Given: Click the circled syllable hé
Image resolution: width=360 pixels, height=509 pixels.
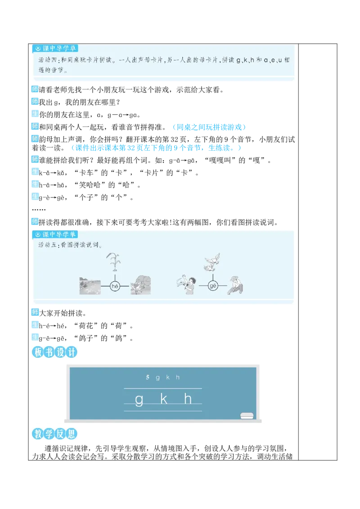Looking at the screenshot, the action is (114, 286).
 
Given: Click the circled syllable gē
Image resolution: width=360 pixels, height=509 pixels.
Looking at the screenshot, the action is (213, 286).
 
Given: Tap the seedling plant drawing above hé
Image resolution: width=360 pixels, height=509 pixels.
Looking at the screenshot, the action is (114, 263).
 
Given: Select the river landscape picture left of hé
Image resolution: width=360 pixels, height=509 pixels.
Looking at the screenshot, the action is (90, 286).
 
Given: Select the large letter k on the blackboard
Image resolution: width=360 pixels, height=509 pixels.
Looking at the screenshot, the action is (164, 399).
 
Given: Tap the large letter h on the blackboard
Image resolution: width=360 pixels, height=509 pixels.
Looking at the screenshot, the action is (188, 398).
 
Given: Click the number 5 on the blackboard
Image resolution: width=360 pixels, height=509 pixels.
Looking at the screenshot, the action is (147, 378).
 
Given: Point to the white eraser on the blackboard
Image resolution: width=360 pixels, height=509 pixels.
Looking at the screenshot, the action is (247, 415).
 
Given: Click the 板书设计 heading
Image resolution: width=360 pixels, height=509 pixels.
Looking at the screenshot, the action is (54, 353).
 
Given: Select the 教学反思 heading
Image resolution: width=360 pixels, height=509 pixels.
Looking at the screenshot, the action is (54, 434).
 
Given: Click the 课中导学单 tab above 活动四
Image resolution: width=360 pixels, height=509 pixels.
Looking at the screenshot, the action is (55, 49).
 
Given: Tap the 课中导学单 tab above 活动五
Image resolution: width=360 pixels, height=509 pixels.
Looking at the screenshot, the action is (55, 235).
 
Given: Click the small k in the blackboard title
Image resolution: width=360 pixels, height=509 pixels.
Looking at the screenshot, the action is (168, 378).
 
